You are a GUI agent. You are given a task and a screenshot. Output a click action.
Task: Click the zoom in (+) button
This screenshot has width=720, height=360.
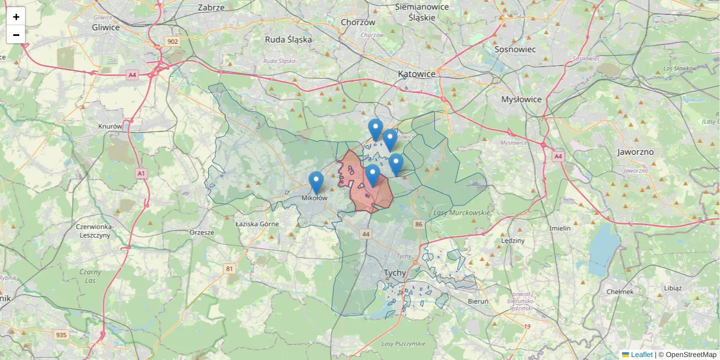tap(16, 17)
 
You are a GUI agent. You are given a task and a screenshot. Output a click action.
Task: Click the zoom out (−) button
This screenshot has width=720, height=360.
tap(16, 35)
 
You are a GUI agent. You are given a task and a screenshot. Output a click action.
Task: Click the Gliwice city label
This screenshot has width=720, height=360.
tap(106, 27)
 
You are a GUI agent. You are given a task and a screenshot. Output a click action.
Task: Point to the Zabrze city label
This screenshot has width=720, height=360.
tap(211, 8)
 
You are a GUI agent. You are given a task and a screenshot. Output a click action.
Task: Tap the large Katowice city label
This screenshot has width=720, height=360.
tap(416, 74)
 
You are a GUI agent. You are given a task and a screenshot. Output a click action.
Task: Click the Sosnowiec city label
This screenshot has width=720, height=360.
tap(515, 49)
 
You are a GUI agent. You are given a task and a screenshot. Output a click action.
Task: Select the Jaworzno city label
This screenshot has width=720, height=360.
tap(635, 152)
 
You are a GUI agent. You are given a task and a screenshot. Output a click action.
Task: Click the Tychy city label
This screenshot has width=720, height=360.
tap(395, 272)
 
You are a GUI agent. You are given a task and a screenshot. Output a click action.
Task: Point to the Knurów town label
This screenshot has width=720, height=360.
tap(110, 127)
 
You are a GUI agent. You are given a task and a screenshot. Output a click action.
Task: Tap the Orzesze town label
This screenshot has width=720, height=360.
tap(202, 232)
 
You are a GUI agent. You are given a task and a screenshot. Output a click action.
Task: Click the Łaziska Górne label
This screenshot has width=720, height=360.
tap(257, 224)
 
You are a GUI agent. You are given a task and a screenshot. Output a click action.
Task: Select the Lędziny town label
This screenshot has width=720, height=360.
tap(512, 241)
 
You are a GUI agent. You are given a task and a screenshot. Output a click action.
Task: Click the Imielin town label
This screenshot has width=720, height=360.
tap(560, 229)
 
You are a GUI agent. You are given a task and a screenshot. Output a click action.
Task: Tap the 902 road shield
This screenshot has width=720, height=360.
tap(173, 41)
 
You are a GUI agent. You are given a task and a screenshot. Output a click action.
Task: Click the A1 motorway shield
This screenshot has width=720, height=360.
tap(141, 173)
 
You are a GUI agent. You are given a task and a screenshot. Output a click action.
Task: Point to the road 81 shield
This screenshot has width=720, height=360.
tap(229, 268)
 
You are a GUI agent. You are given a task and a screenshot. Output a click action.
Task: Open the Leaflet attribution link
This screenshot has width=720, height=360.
tap(641, 355)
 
